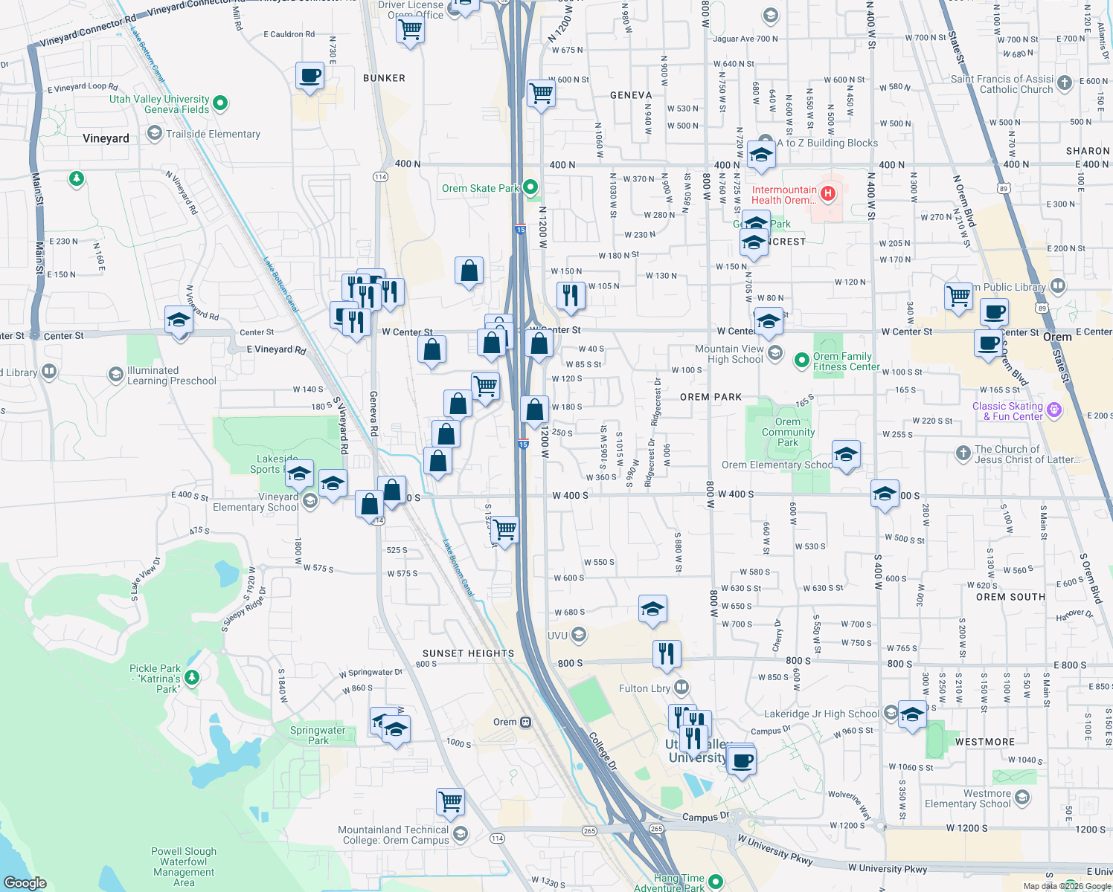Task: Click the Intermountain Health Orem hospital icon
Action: tap(827, 194)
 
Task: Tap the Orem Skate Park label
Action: tap(480, 188)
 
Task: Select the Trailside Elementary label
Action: tap(213, 134)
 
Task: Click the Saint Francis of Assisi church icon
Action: tap(1065, 83)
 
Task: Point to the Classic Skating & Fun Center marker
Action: tap(1053, 410)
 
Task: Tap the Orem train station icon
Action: tap(525, 722)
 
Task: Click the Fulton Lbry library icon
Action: tap(681, 688)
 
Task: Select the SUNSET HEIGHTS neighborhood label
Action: tap(468, 653)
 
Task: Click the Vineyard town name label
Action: tap(106, 138)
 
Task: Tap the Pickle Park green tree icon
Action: tap(192, 676)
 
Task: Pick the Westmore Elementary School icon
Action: tap(1022, 798)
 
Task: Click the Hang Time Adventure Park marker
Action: tap(716, 882)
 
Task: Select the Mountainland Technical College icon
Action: tap(460, 834)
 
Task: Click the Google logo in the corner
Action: tap(25, 882)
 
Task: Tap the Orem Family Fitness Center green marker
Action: tap(801, 361)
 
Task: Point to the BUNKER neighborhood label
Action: tap(384, 78)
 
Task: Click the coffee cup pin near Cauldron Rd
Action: tap(309, 76)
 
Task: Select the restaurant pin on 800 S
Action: tap(667, 653)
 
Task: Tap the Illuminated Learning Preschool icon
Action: tap(115, 374)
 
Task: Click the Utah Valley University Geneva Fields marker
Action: tap(220, 103)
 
